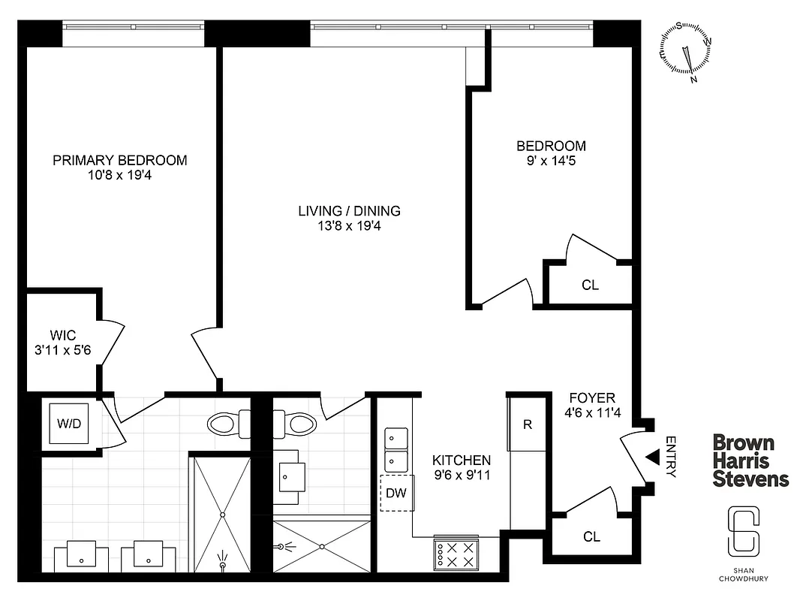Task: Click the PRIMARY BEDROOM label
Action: pos(120,160)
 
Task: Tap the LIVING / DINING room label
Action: pos(349,211)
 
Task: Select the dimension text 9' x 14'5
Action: pos(551,160)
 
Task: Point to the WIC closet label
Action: pos(64,334)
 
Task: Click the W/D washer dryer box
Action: pos(68,423)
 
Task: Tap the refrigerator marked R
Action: pos(528,424)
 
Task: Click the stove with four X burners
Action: pos(456,554)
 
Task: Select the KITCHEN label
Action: pos(462,461)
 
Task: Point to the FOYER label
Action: pos(592,398)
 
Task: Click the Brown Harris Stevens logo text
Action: pos(750,461)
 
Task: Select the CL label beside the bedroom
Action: pos(591,285)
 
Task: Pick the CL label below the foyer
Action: pos(592,536)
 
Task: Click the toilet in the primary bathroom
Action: pos(227,424)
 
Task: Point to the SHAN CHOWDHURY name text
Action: pos(742,574)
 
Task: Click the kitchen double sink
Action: pos(397,449)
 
